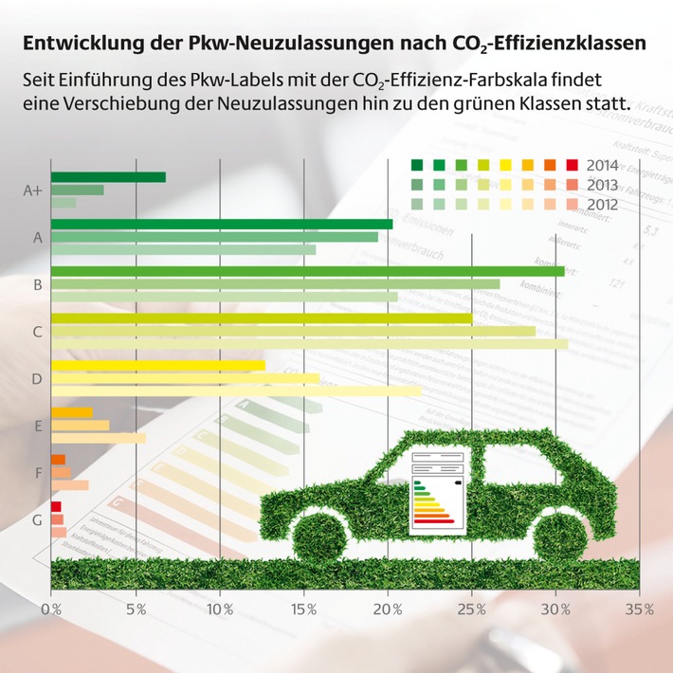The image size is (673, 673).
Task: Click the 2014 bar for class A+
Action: pyautogui.click(x=108, y=177)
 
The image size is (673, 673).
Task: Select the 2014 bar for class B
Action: pyautogui.click(x=307, y=271)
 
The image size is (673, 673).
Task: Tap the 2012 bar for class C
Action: pyautogui.click(x=309, y=344)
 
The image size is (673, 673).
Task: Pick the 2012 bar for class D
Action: pyautogui.click(x=235, y=391)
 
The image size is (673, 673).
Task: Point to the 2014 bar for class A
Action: pyautogui.click(x=221, y=224)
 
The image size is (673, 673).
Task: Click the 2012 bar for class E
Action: pyautogui.click(x=98, y=438)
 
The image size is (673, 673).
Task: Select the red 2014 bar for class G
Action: pyautogui.click(x=56, y=507)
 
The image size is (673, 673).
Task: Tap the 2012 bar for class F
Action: pyautogui.click(x=69, y=485)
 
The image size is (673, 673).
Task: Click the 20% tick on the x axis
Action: pyautogui.click(x=388, y=609)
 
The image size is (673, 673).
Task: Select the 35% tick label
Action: pyautogui.click(x=640, y=609)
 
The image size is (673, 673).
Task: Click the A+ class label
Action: pyautogui.click(x=33, y=191)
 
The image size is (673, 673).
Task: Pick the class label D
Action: pyautogui.click(x=37, y=379)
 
